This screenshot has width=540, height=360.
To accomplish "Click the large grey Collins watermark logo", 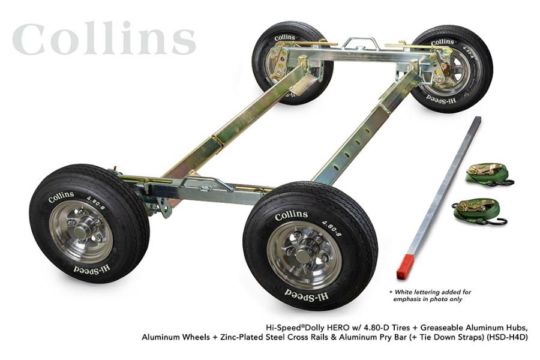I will [103, 40].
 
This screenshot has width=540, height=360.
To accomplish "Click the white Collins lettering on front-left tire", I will [62, 196].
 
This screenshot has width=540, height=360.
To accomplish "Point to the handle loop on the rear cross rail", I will [360, 43].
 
